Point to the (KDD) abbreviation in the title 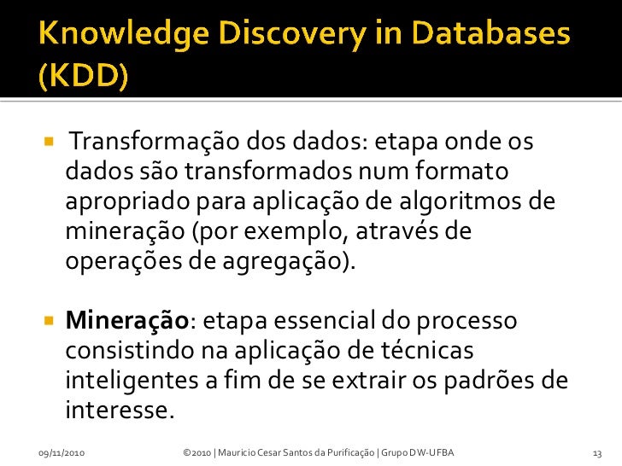tap(84, 79)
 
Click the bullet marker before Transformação tap(49, 139)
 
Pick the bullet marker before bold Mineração tap(49, 322)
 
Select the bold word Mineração tap(126, 322)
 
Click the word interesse tap(119, 411)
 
